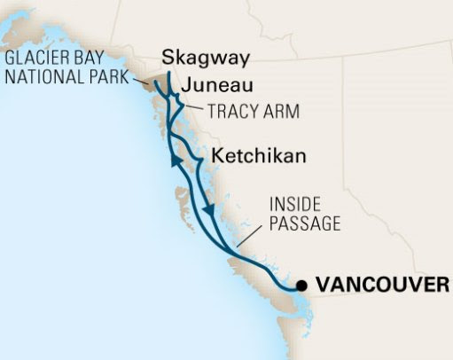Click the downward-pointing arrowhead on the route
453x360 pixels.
click(209, 210)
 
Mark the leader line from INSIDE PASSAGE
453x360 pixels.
click(254, 234)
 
